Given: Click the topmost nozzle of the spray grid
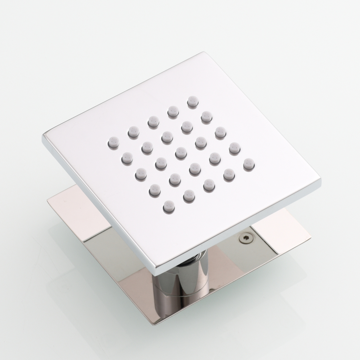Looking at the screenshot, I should [x=193, y=101].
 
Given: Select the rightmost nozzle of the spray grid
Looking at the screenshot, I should [x=249, y=164].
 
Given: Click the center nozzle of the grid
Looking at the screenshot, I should [x=181, y=153].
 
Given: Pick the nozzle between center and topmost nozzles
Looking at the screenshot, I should [x=187, y=127].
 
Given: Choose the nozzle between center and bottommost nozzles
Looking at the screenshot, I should [x=175, y=179].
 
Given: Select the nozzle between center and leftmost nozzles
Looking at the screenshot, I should [x=147, y=148].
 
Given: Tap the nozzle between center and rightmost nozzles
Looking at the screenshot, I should [x=215, y=158].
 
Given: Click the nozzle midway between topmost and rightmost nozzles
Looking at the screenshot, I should [x=220, y=132].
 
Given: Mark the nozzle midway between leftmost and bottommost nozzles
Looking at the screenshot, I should [x=140, y=174].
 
